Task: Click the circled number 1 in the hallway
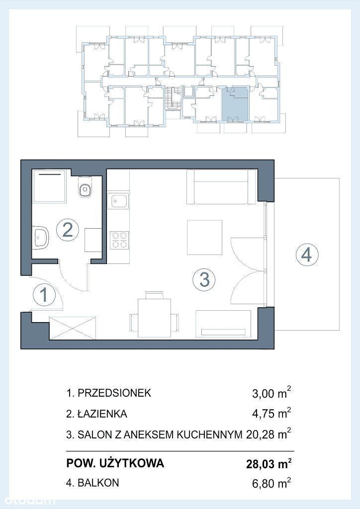pos(44,295)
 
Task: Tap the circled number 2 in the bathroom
pos(67,230)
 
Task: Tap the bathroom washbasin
pos(41,237)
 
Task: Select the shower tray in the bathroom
pos(50,186)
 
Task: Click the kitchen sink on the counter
pos(119,201)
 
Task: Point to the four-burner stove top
pos(119,240)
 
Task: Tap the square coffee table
pos(204,237)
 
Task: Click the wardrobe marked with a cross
pos(73,328)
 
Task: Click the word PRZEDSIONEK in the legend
pos(114,393)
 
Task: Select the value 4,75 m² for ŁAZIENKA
pos(271,413)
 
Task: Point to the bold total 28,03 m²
pos(269,464)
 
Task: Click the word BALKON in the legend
pos(98,483)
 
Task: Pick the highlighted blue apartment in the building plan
pos(235,103)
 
